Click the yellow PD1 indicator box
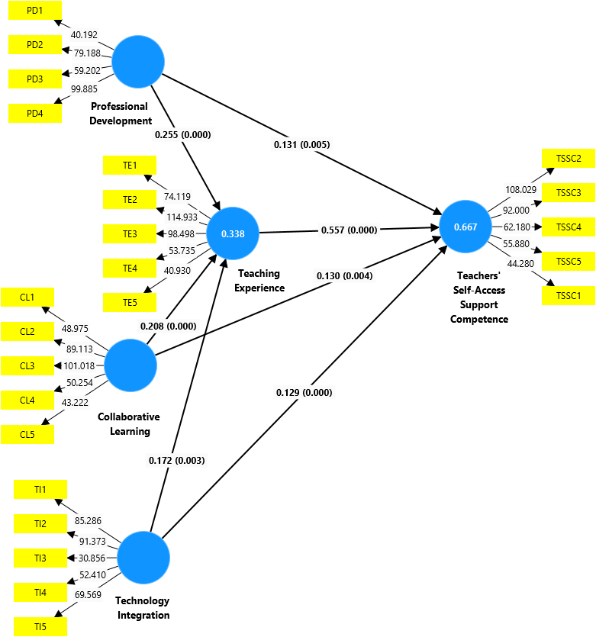coord(34,11)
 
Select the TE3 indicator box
coord(130,233)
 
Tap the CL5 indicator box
coord(27,435)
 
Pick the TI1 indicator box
coord(40,490)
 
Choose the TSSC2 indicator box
coord(569,159)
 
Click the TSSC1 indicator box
coord(569,295)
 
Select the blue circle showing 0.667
coord(466,227)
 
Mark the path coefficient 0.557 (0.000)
coord(350,230)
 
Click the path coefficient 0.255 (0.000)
coord(182,135)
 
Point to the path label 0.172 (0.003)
coord(176,460)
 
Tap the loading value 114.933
coord(183,217)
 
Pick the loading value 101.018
coord(85,365)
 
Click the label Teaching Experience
coord(259,281)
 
